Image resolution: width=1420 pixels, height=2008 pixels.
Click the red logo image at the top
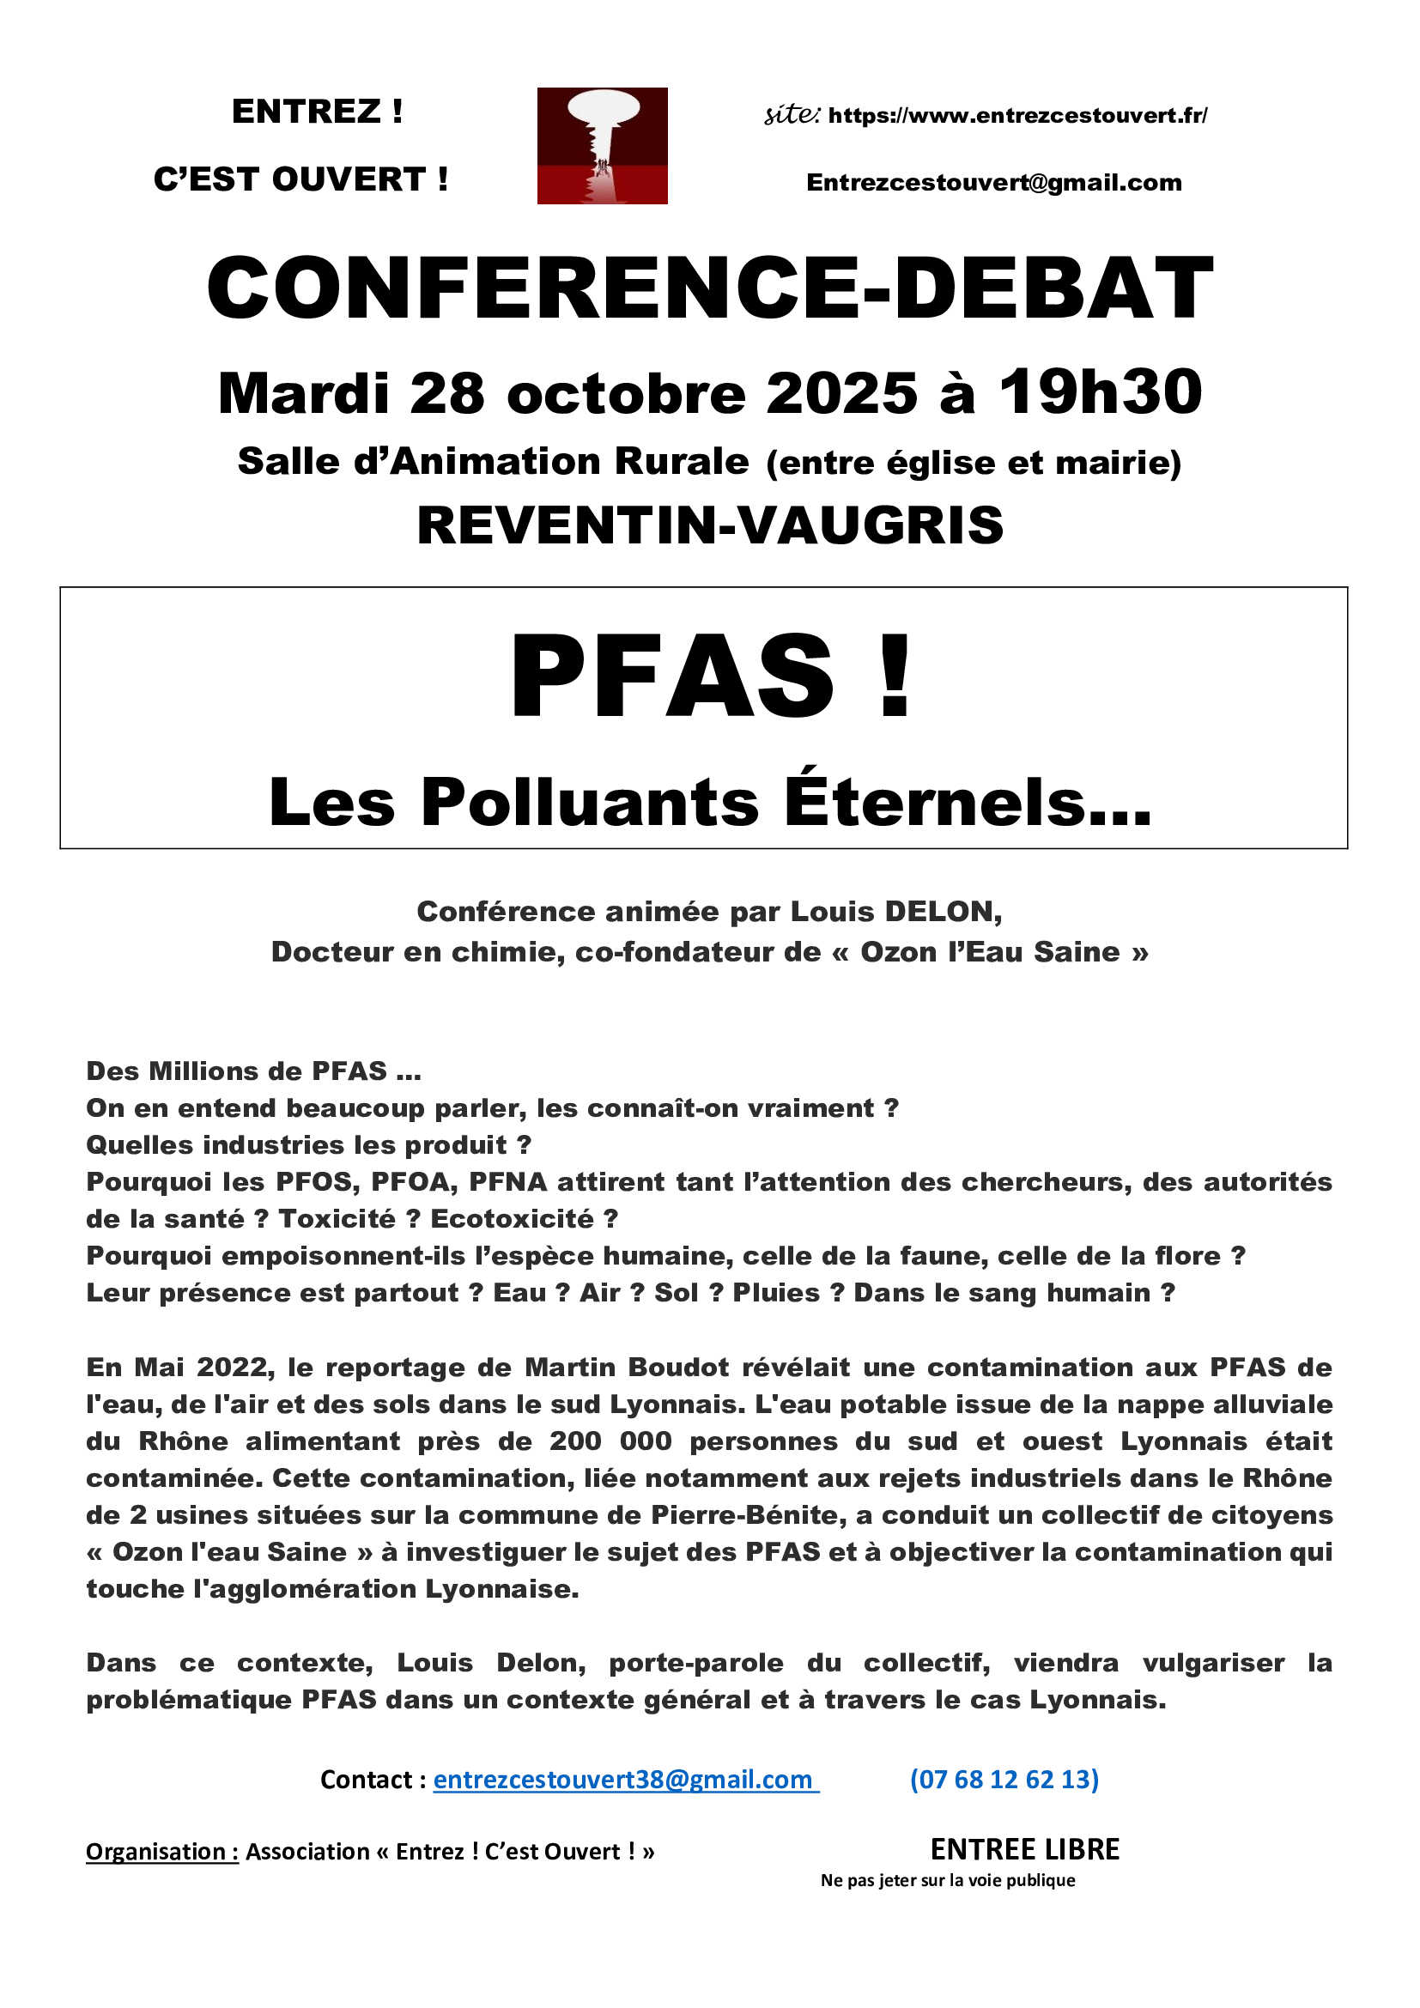(x=602, y=145)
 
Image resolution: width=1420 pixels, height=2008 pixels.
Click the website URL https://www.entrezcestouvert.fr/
(x=1016, y=115)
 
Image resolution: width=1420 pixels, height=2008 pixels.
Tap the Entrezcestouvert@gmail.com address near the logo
(x=993, y=183)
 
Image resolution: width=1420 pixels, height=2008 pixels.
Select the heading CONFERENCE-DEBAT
(x=709, y=288)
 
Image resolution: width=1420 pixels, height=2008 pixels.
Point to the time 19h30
(x=1101, y=391)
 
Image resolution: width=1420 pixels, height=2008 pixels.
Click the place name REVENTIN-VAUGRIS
(x=709, y=525)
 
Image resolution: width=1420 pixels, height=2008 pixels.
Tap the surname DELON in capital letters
(x=943, y=912)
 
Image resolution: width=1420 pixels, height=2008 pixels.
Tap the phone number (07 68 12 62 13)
(x=1004, y=1780)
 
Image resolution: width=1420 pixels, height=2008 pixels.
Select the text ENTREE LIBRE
(x=1025, y=1850)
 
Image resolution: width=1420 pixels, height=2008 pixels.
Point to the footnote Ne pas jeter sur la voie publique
(x=948, y=1880)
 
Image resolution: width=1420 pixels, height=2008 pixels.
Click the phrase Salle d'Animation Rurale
(x=493, y=462)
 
